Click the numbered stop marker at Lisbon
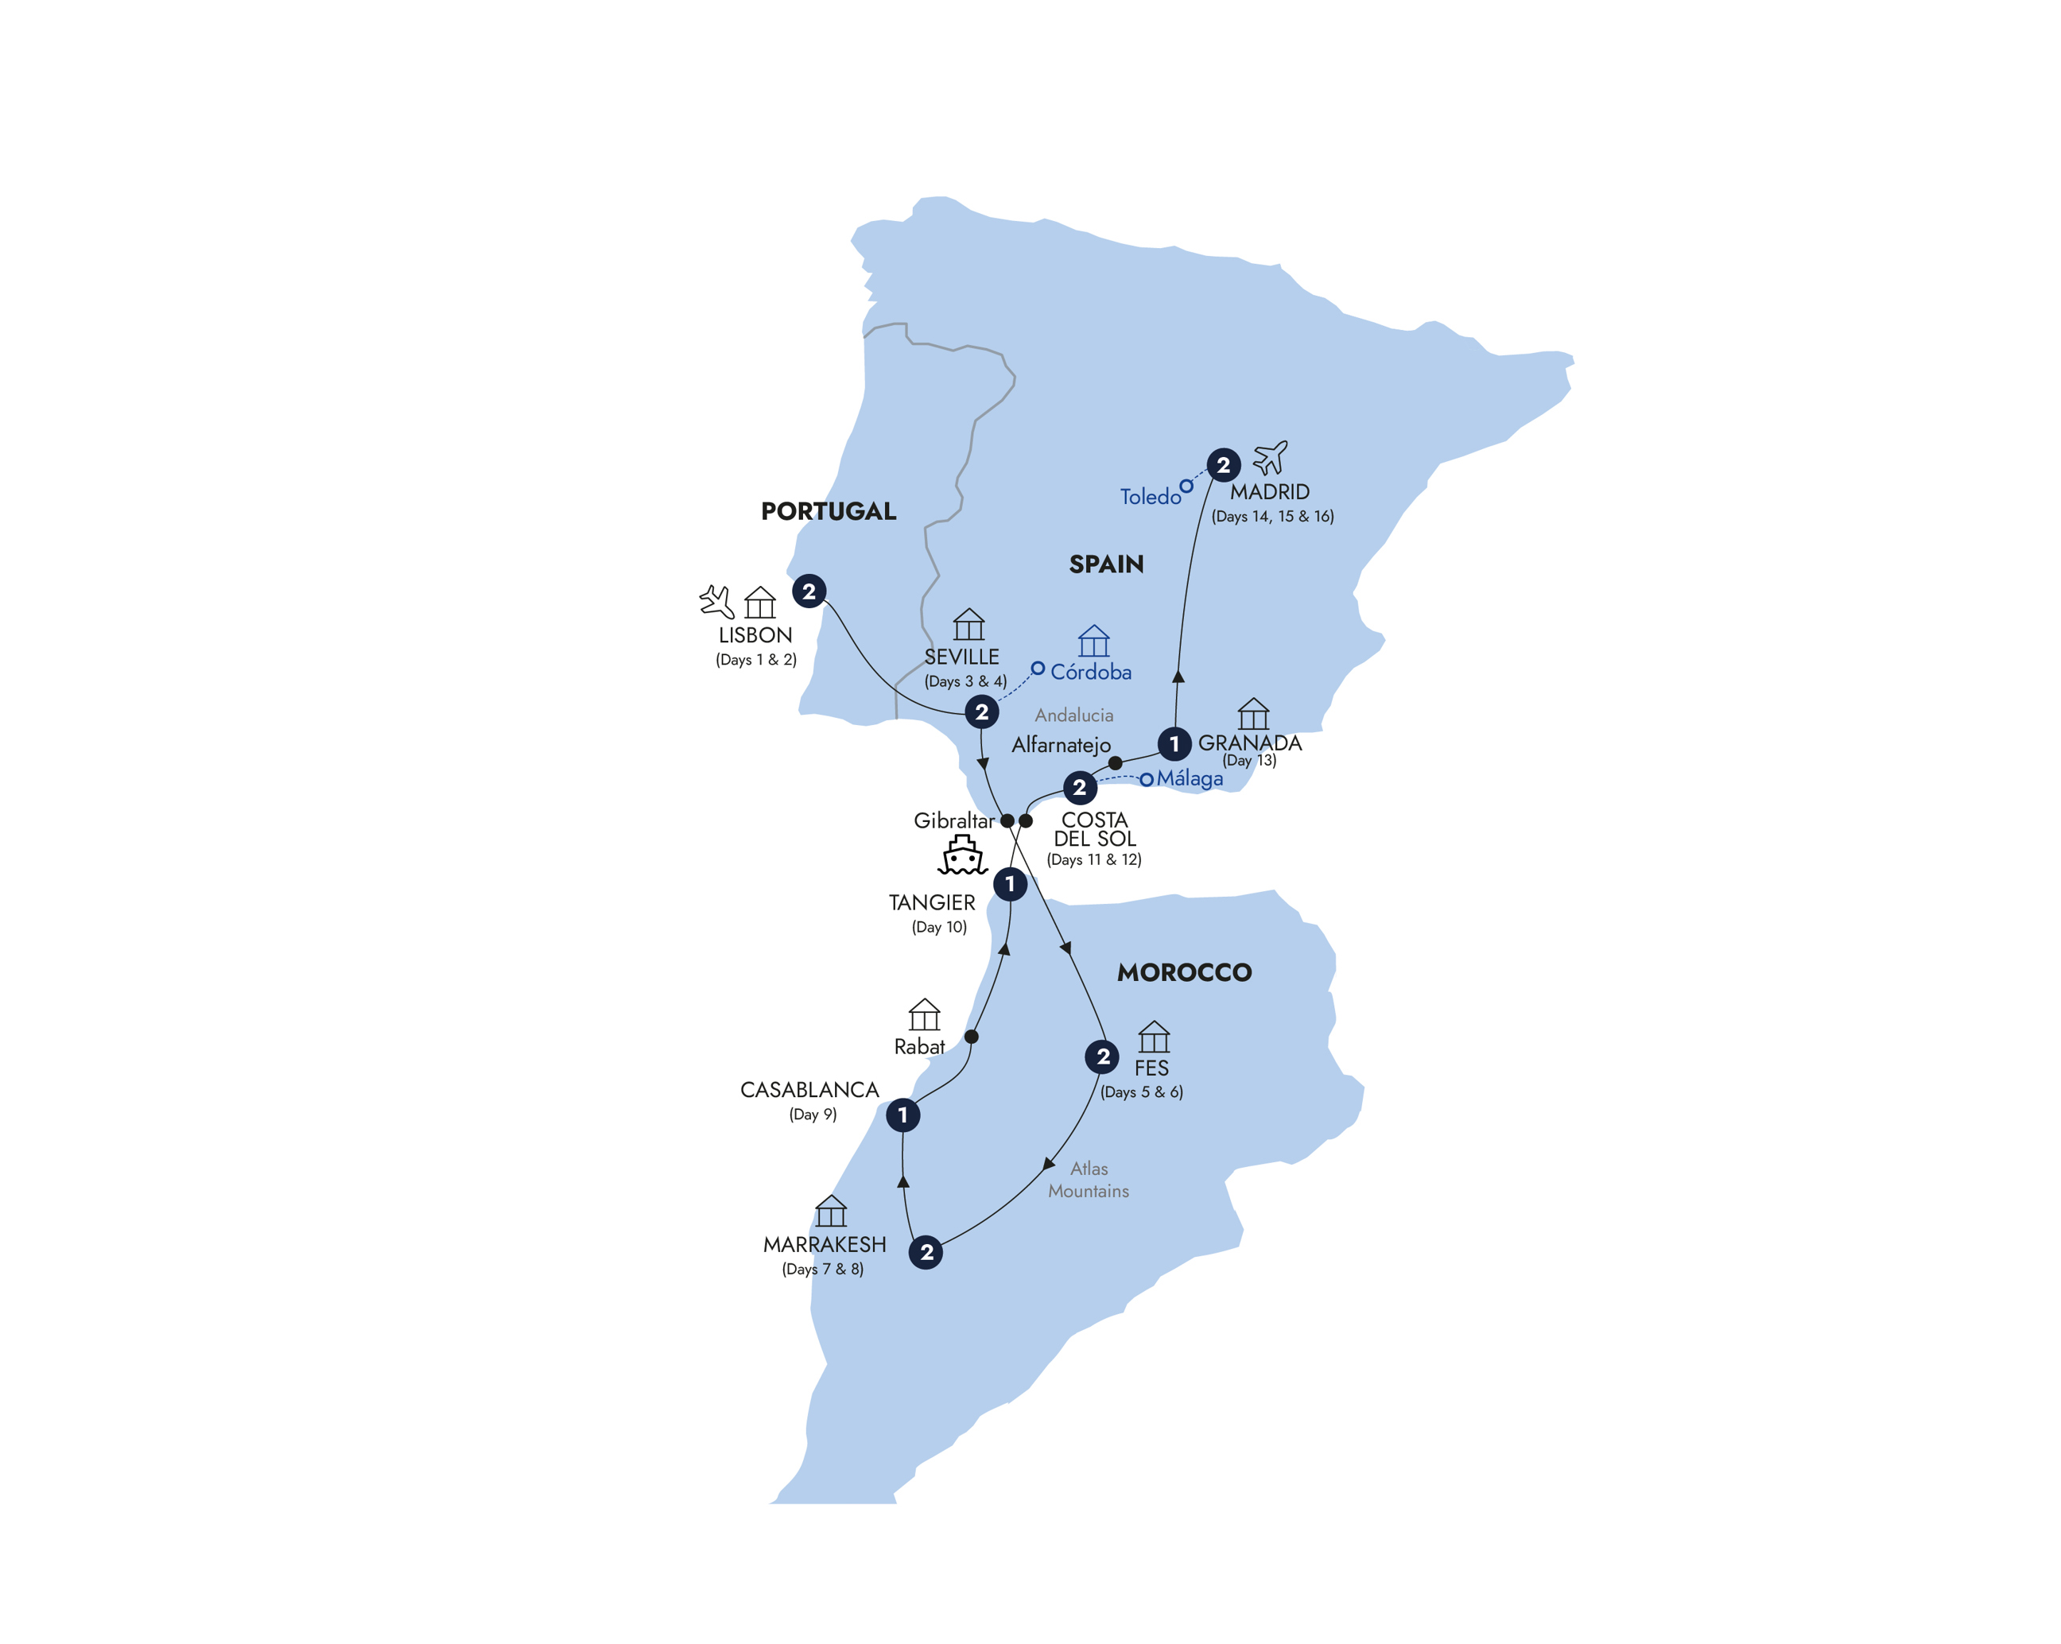(x=809, y=591)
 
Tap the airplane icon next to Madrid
(x=1271, y=458)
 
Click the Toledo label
(x=1150, y=497)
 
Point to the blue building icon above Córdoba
(x=1093, y=642)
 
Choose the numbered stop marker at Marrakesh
(x=926, y=1252)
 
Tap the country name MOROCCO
(x=1185, y=973)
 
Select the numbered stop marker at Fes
(x=1103, y=1057)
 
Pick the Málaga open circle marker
(x=1146, y=780)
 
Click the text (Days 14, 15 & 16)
(x=1272, y=517)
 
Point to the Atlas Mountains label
(x=1089, y=1181)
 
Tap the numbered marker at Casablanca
(x=902, y=1115)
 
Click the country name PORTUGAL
(x=828, y=511)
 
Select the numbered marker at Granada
(x=1174, y=743)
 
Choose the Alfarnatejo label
(x=1061, y=746)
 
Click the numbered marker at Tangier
(x=1010, y=884)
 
